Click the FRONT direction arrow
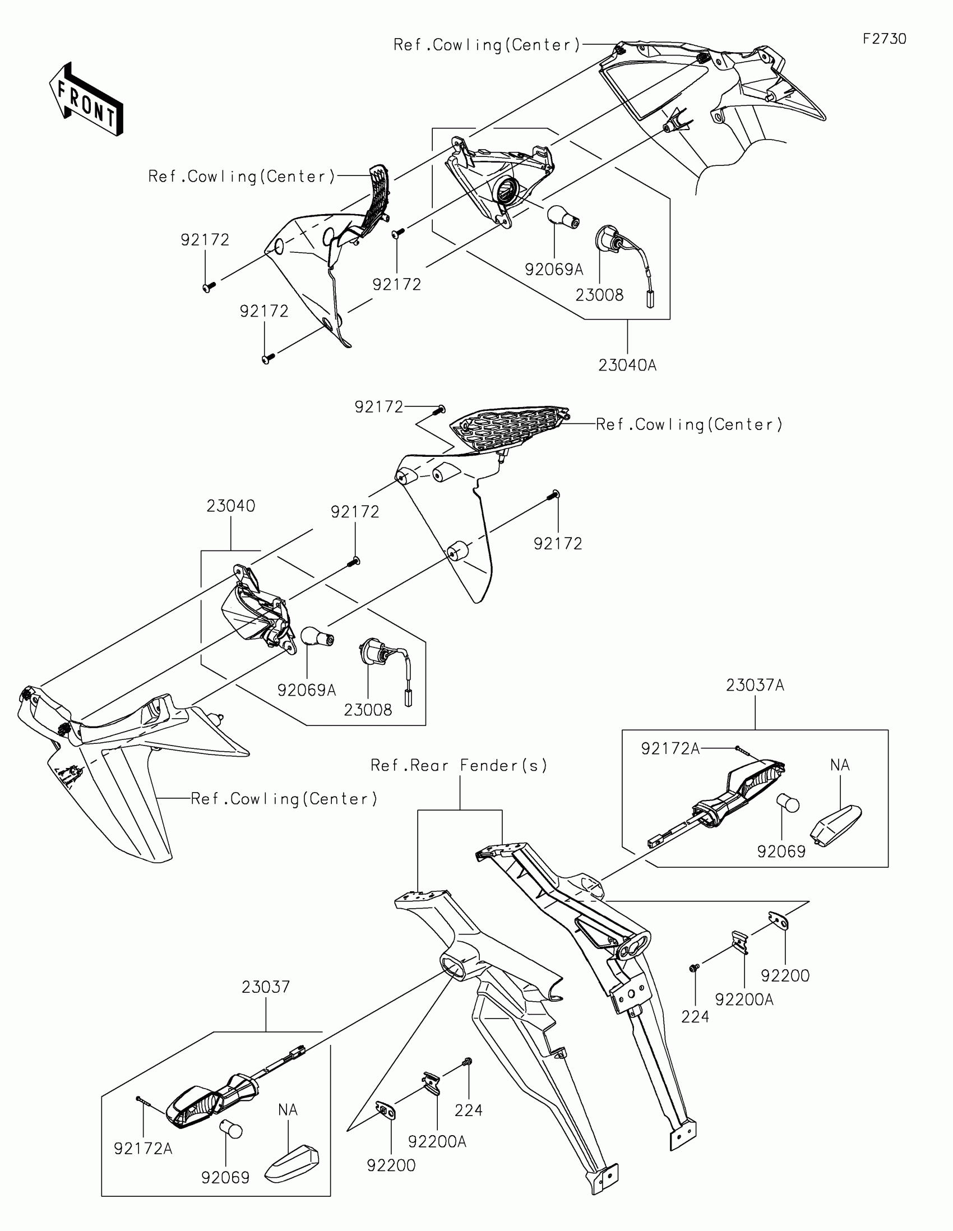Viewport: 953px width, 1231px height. (x=86, y=99)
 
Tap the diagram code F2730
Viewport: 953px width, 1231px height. (x=884, y=39)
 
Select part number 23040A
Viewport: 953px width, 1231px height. (x=627, y=365)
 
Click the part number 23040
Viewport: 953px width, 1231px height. (x=230, y=506)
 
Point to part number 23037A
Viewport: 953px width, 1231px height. (x=755, y=685)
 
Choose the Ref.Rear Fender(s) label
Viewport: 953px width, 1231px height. (x=459, y=765)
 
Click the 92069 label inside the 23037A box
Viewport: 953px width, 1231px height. (x=781, y=851)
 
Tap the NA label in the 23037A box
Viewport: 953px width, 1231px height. (x=840, y=765)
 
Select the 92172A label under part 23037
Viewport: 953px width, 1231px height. (x=143, y=1148)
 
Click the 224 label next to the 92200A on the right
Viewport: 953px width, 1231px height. (x=695, y=1017)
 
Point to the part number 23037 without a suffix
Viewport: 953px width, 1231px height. (x=266, y=987)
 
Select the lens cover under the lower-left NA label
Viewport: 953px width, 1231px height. (x=292, y=1161)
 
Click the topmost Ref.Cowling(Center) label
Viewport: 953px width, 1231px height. (x=487, y=45)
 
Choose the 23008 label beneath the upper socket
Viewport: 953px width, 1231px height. (x=599, y=295)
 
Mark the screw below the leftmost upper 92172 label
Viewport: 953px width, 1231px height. (x=208, y=287)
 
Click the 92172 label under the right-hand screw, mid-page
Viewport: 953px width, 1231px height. (x=557, y=543)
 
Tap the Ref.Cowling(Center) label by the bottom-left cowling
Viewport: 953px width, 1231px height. (x=284, y=799)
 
